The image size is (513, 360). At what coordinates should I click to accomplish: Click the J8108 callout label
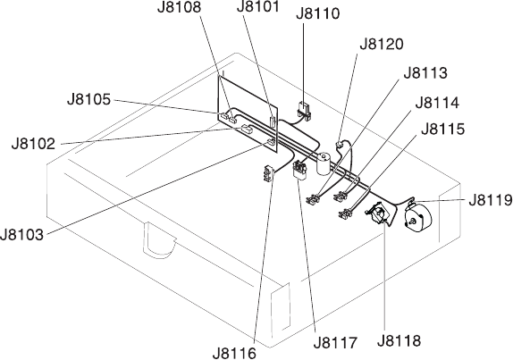(179, 7)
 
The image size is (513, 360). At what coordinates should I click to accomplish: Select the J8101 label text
(258, 6)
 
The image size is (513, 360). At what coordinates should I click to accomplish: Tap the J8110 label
(318, 13)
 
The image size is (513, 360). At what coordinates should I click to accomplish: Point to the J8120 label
(382, 44)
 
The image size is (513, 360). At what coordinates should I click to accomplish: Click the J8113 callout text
(425, 73)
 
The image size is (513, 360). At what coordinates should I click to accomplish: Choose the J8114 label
(437, 103)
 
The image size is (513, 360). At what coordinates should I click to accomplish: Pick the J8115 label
(442, 129)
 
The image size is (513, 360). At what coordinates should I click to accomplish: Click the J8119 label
(491, 200)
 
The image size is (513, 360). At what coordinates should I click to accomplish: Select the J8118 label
(399, 340)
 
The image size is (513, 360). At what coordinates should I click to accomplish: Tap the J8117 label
(335, 343)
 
